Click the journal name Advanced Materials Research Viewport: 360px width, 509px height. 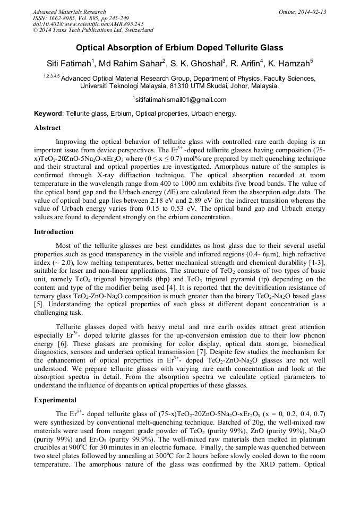coord(69,12)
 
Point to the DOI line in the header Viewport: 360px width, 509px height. coord(88,24)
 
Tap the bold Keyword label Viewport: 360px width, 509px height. coord(48,114)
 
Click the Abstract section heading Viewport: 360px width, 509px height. coord(47,128)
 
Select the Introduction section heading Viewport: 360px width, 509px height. coord(54,232)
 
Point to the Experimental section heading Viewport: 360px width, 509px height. coord(55,400)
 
